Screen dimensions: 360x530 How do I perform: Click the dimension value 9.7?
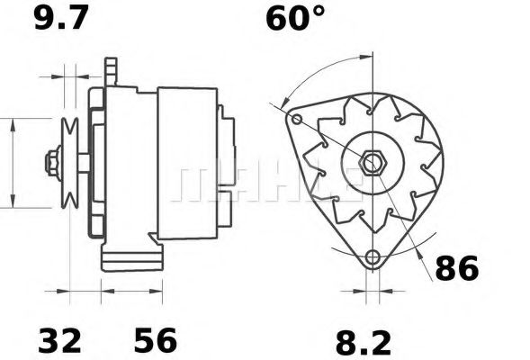[x=62, y=19]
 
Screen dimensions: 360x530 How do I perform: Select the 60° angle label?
[x=294, y=19]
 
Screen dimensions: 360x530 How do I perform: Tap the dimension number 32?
[x=59, y=340]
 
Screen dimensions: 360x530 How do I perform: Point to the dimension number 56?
[x=156, y=340]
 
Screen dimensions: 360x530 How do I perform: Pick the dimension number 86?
[x=457, y=268]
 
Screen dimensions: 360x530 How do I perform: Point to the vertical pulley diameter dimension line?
[x=13, y=163]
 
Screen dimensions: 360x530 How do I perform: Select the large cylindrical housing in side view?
[x=186, y=163]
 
